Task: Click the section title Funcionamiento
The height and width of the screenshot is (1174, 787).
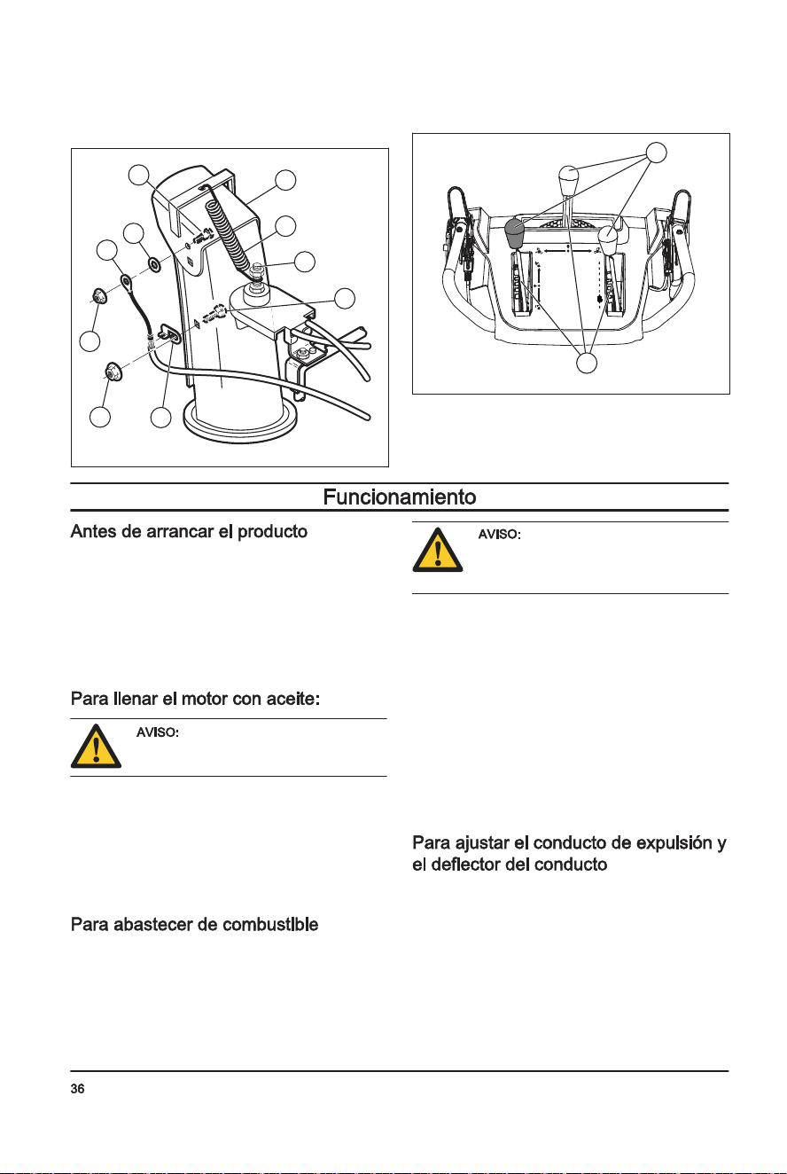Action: [400, 497]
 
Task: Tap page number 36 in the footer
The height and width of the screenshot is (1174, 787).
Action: [77, 1089]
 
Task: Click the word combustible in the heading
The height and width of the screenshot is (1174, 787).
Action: [269, 925]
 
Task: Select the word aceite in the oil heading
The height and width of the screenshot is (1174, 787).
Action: [292, 699]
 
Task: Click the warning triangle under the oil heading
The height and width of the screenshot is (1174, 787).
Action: [96, 747]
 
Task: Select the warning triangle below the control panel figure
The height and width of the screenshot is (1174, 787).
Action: [438, 550]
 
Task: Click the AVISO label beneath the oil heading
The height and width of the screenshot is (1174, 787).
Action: [158, 732]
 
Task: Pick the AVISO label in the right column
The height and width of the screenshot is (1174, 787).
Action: [499, 535]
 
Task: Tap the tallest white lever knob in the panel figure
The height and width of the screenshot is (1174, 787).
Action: [568, 180]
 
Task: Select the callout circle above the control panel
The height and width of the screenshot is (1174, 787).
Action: [656, 153]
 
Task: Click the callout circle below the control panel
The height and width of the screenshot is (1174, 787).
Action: [587, 363]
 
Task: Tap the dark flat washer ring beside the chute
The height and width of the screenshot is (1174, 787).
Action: [154, 265]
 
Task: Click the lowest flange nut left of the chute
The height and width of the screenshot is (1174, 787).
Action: [113, 371]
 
